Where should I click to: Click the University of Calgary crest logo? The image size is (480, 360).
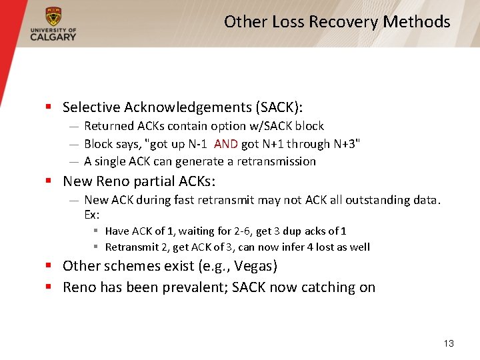tap(53, 16)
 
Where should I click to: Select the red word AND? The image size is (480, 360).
tap(225, 144)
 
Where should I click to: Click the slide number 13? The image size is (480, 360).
tap(448, 343)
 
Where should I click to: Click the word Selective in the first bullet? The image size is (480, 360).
tap(91, 107)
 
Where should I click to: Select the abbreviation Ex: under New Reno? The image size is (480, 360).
tap(91, 214)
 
